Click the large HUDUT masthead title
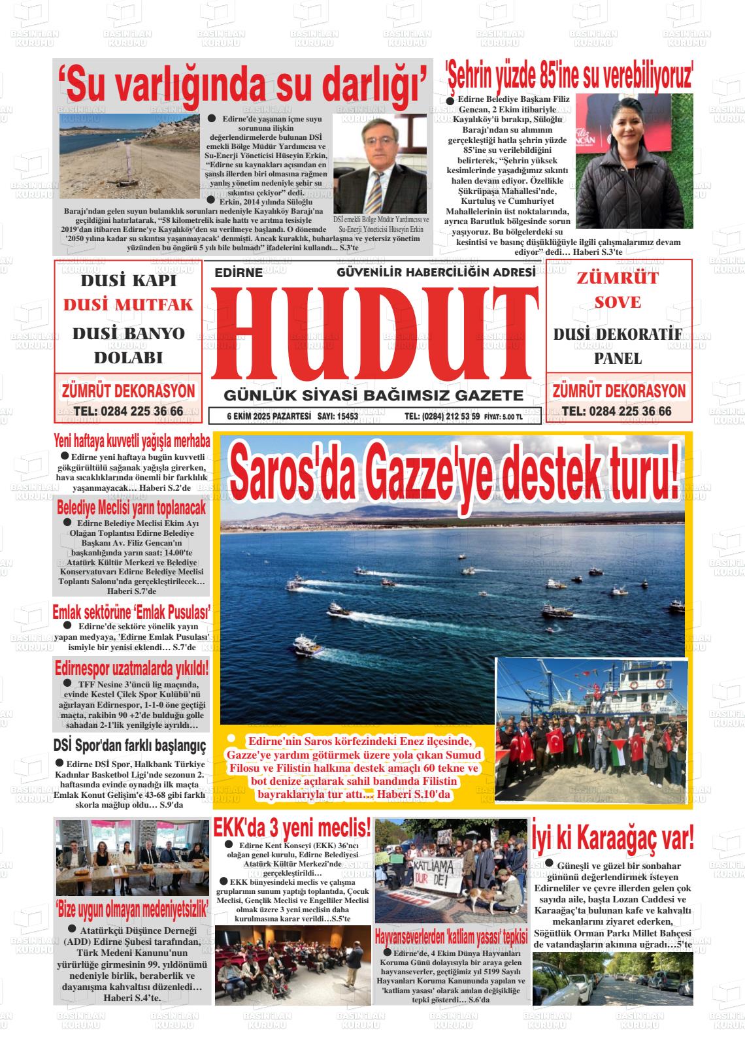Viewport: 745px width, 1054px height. pyautogui.click(x=374, y=333)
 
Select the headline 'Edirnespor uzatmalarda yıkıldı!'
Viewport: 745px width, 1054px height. pyautogui.click(x=131, y=668)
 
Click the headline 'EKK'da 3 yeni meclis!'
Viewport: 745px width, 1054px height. pyautogui.click(x=292, y=829)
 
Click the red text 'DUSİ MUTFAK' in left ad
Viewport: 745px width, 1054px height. pyautogui.click(x=129, y=305)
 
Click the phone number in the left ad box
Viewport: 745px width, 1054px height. pyautogui.click(x=129, y=412)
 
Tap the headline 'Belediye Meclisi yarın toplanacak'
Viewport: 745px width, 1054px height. pyautogui.click(x=131, y=508)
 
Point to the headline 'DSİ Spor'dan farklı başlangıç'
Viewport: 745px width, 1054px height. pyautogui.click(x=129, y=746)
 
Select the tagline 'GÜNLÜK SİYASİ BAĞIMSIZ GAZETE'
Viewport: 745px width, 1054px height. pyautogui.click(x=374, y=396)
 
